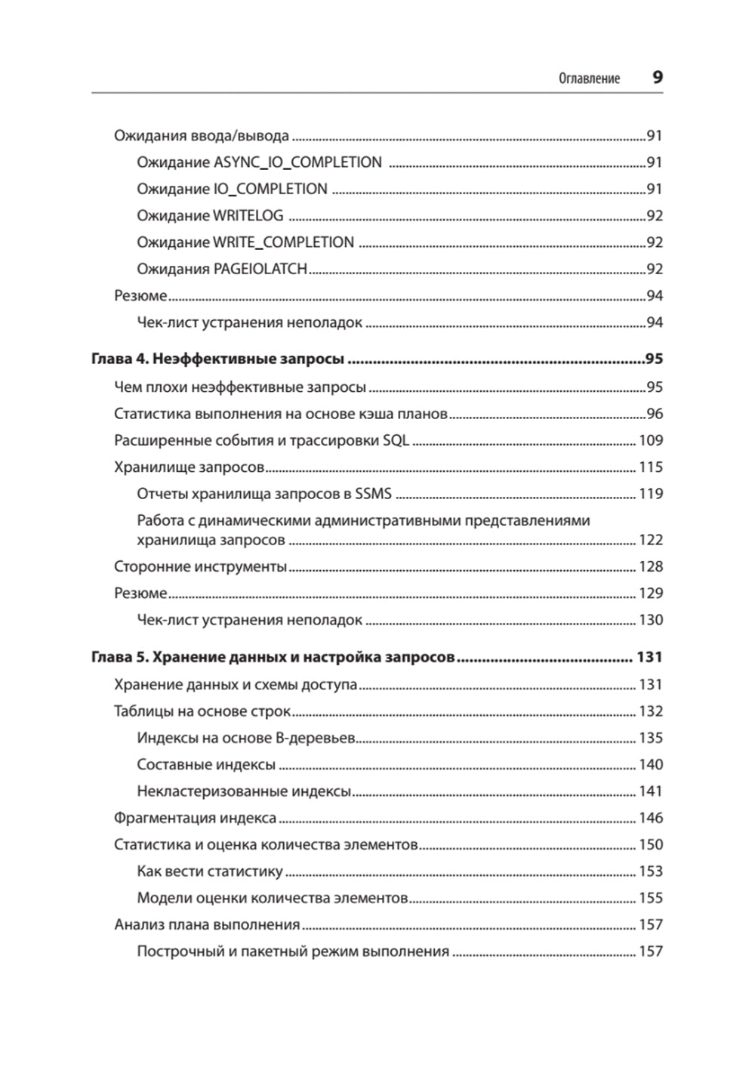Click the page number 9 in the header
pyautogui.click(x=657, y=77)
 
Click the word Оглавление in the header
pyautogui.click(x=589, y=79)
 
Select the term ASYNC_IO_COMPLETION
pyautogui.click(x=297, y=162)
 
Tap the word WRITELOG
pyautogui.click(x=248, y=216)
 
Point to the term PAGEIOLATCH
pyautogui.click(x=260, y=270)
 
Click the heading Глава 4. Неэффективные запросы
pyautogui.click(x=217, y=359)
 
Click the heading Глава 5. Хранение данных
pyautogui.click(x=273, y=657)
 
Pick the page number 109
pyautogui.click(x=650, y=441)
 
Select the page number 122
pyautogui.click(x=650, y=540)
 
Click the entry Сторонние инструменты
pyautogui.click(x=200, y=566)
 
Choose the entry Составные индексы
pyautogui.click(x=206, y=765)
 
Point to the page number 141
pyautogui.click(x=650, y=791)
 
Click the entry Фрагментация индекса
pyautogui.click(x=195, y=819)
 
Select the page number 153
pyautogui.click(x=650, y=871)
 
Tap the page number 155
pyautogui.click(x=650, y=899)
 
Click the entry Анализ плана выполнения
pyautogui.click(x=207, y=925)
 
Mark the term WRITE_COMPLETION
pyautogui.click(x=283, y=242)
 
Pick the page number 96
pyautogui.click(x=654, y=414)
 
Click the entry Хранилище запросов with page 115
pyautogui.click(x=189, y=467)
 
